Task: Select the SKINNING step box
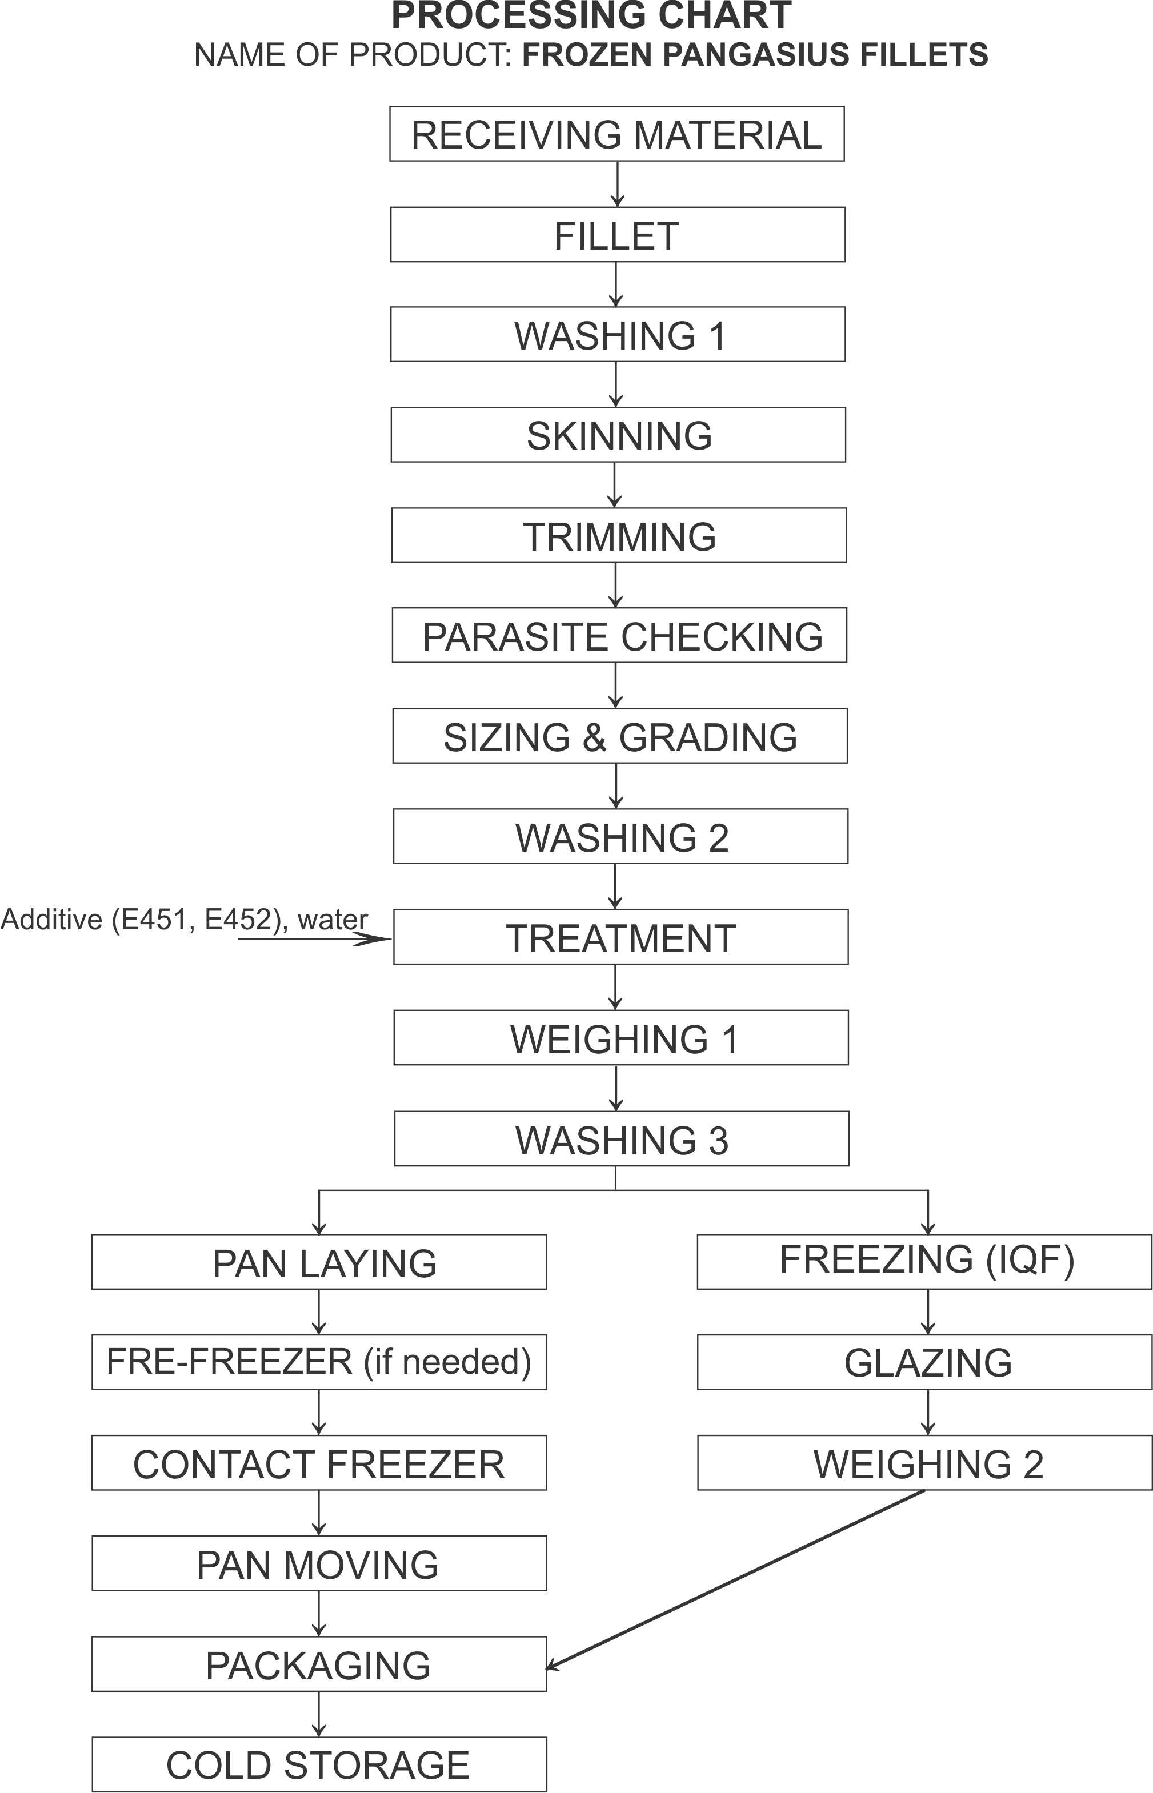(618, 435)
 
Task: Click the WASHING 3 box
(622, 1139)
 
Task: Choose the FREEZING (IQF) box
(924, 1262)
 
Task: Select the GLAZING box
(924, 1363)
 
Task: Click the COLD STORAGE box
(319, 1764)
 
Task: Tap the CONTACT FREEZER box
(319, 1463)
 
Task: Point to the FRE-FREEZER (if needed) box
(319, 1362)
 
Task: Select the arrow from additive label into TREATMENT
(314, 938)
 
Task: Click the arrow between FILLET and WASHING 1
(615, 284)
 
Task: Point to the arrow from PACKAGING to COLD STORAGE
(319, 1714)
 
